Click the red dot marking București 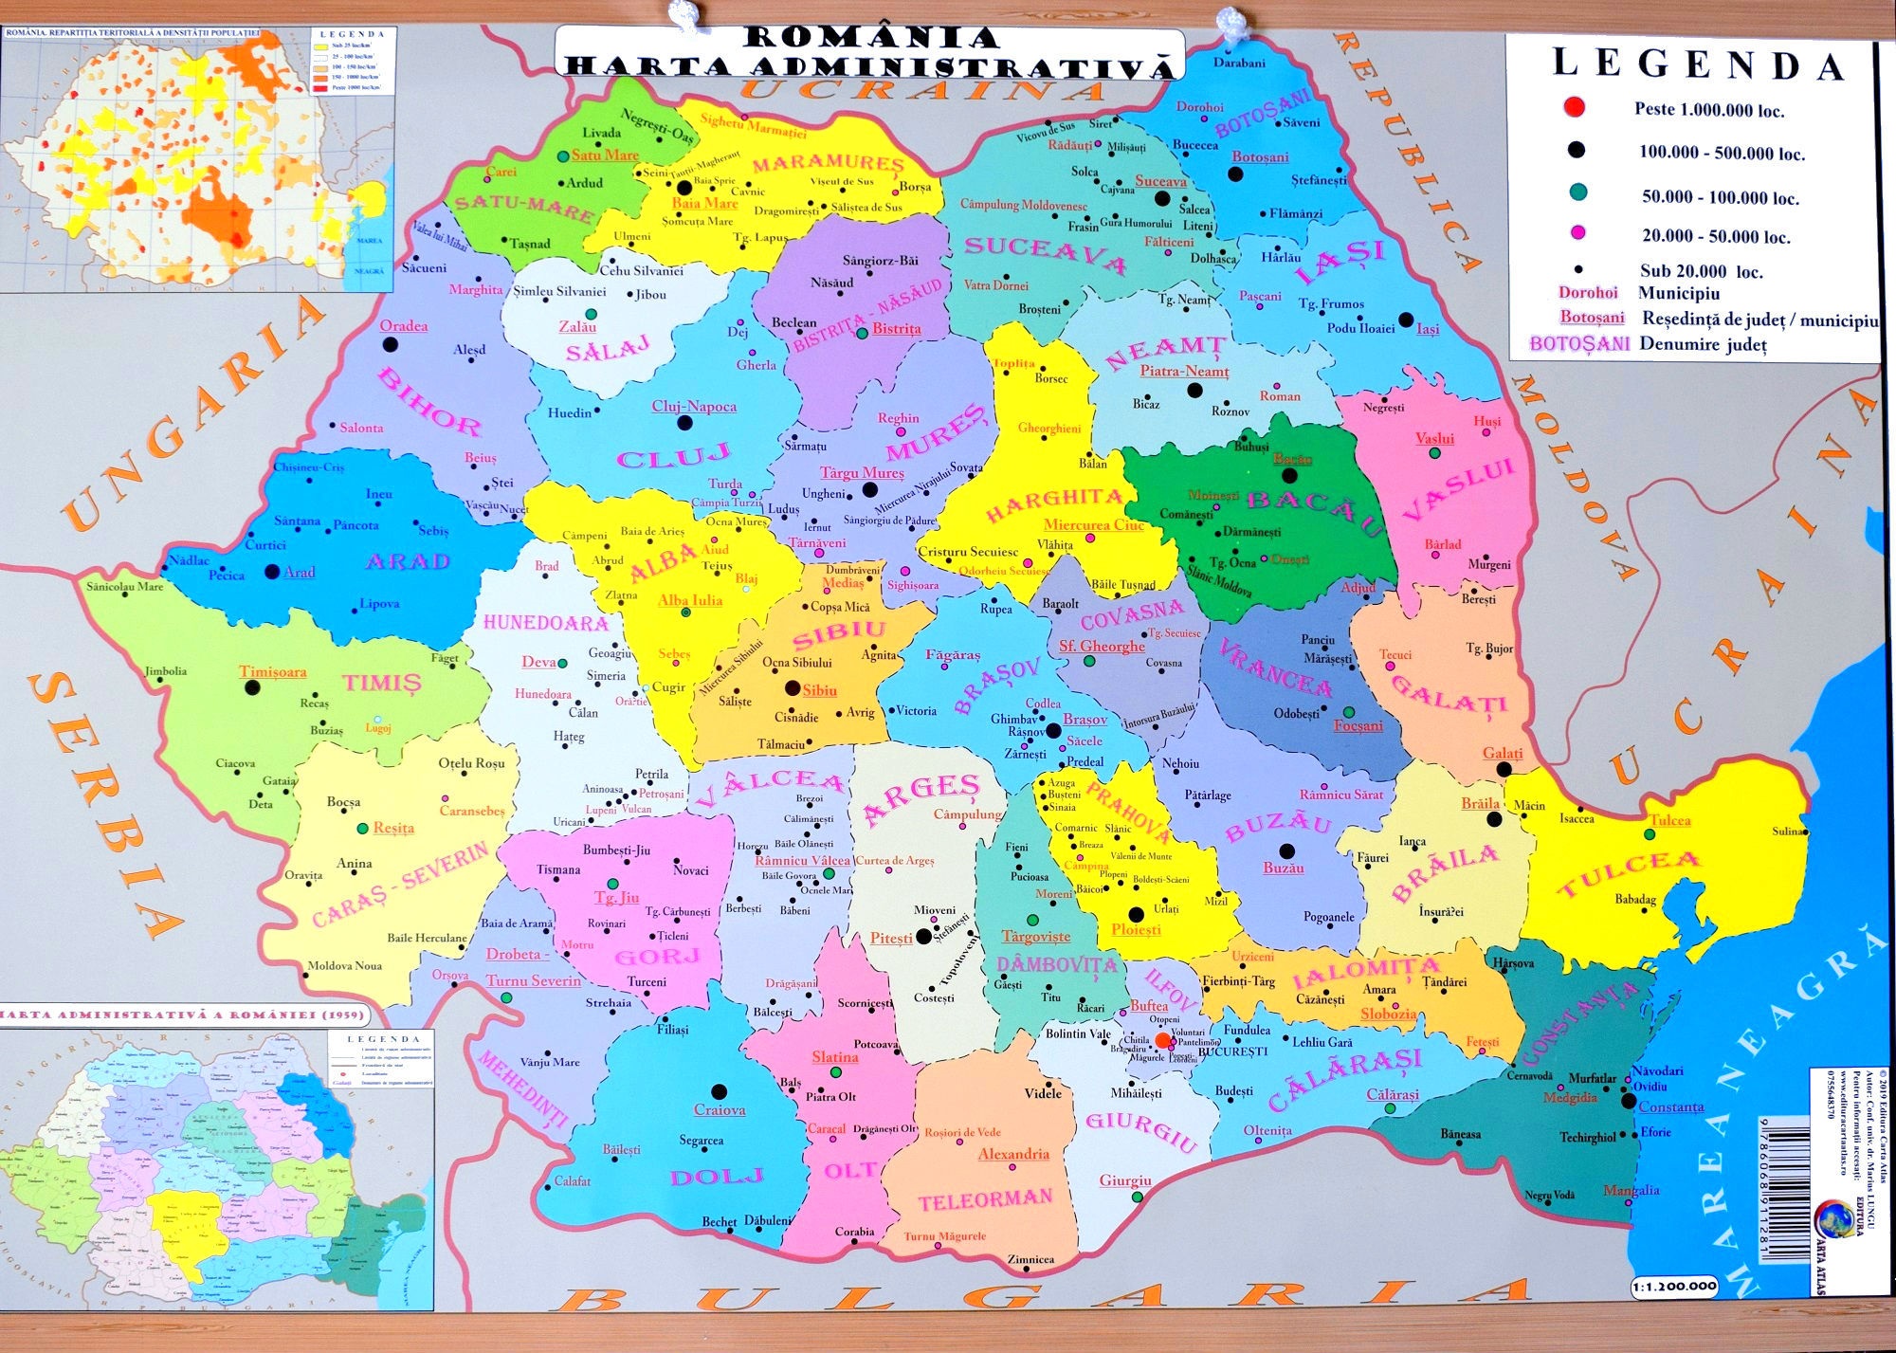tap(1163, 1039)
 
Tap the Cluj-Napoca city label tap(694, 407)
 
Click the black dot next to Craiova tap(719, 1091)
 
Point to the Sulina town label tap(1788, 832)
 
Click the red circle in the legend tap(1575, 107)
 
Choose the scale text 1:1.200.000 tap(1675, 1287)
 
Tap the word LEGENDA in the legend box tap(1698, 64)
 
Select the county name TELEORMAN tap(985, 1200)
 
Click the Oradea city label tap(404, 326)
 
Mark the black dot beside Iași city tap(1406, 320)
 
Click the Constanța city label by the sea tap(1670, 1106)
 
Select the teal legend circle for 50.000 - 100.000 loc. tap(1578, 192)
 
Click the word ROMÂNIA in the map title tap(871, 38)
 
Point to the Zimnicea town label tap(1030, 1260)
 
